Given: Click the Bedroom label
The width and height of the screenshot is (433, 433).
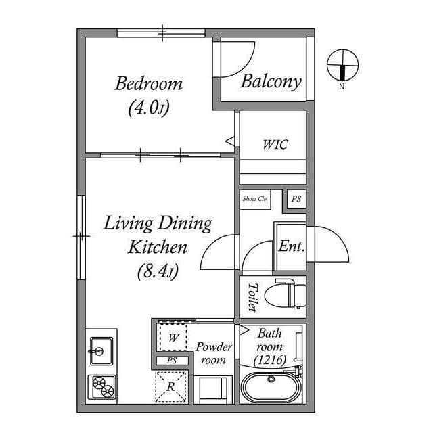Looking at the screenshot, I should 148,84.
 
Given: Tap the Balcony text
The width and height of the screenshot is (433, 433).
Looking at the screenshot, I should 271,82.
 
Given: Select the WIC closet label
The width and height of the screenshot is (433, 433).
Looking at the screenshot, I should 275,145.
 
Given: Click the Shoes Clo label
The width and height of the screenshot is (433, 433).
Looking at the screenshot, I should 255,199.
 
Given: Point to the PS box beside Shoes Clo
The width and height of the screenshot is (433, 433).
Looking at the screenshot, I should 296,200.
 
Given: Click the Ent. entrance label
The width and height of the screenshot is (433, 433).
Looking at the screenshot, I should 291,246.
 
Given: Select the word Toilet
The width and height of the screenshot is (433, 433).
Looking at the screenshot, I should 252,296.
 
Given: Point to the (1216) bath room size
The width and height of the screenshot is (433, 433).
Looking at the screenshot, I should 271,360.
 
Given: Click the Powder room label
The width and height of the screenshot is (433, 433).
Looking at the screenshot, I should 214,353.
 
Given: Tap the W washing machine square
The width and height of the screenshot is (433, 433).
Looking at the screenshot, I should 173,336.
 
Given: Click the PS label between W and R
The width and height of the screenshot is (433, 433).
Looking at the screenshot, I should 172,361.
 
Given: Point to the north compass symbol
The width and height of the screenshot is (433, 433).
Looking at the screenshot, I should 342,65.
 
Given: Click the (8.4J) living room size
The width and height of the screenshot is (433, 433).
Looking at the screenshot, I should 157,272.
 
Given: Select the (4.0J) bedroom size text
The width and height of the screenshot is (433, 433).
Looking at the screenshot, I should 148,108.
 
